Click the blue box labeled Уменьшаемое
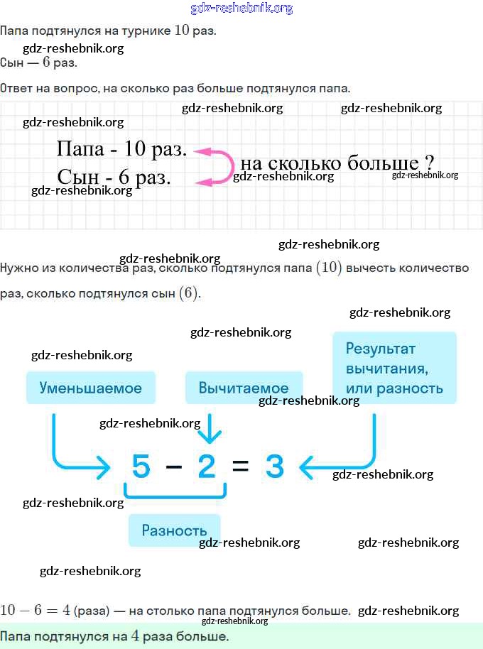[x=91, y=388]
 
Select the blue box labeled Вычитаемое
[x=244, y=388]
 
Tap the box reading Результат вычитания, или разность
[x=394, y=368]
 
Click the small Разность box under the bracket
[x=174, y=530]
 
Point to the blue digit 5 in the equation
[x=141, y=467]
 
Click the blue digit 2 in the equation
[x=206, y=467]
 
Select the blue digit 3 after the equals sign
[x=274, y=467]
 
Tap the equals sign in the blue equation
[x=240, y=467]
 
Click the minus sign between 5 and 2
[x=173, y=467]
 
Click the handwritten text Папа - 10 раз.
[x=121, y=149]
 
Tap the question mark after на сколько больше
[x=428, y=161]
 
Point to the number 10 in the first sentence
[x=182, y=31]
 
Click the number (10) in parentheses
[x=329, y=268]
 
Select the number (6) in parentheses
[x=189, y=293]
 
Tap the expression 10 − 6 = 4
[x=35, y=610]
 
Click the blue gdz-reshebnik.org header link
[x=241, y=9]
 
